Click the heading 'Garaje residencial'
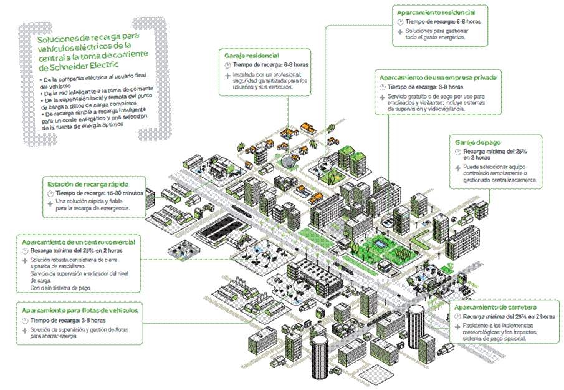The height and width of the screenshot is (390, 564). pyautogui.click(x=252, y=56)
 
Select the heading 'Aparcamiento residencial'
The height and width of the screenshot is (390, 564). pyautogui.click(x=436, y=12)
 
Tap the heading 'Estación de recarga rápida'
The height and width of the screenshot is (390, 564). pyautogui.click(x=87, y=184)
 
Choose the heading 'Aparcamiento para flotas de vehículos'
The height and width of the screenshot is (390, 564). pyautogui.click(x=80, y=310)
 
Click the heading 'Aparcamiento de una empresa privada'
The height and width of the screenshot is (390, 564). pyautogui.click(x=438, y=78)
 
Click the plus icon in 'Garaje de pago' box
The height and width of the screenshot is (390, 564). pyautogui.click(x=457, y=168)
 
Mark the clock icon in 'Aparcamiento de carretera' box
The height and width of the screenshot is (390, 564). pyautogui.click(x=457, y=317)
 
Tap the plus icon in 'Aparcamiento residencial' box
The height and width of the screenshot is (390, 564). pyautogui.click(x=400, y=31)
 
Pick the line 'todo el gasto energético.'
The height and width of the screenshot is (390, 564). pyautogui.click(x=435, y=37)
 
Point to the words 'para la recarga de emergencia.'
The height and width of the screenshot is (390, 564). pyautogui.click(x=92, y=208)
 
